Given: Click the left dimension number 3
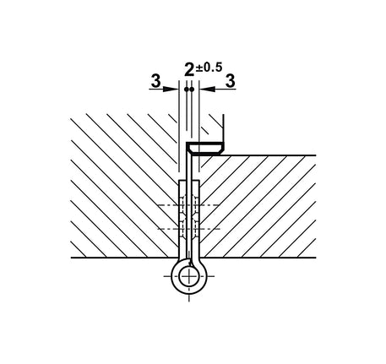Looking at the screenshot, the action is coord(155,81).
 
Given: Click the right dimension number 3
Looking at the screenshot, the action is coord(231,81).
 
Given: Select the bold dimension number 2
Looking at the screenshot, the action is coord(189,69).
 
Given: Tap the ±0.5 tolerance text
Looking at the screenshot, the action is coord(209,68).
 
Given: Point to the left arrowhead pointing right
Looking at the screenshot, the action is coord(171,90).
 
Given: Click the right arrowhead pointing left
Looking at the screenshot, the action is coord(208,90).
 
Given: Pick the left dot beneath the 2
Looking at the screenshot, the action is coord(187,90).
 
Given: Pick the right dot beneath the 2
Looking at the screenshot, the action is coord(192,90).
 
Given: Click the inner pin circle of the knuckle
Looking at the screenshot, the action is coord(188,276).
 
